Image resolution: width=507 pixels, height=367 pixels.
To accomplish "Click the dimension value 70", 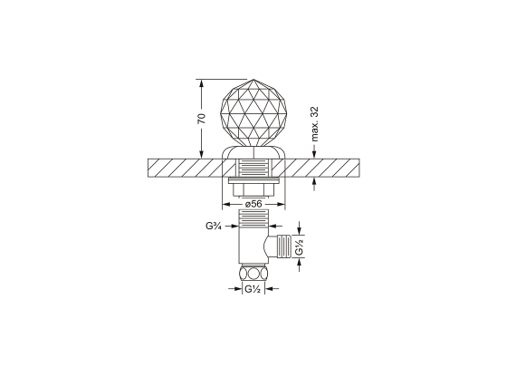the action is (202, 118).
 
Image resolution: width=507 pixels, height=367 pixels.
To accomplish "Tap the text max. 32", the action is (314, 124).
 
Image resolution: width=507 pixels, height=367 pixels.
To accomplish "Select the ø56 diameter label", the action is (253, 204).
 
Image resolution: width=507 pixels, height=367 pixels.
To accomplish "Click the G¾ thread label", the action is (214, 226).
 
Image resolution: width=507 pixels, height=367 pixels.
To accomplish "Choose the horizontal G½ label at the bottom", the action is (253, 288).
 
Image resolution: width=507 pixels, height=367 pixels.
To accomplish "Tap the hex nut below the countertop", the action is (253, 189).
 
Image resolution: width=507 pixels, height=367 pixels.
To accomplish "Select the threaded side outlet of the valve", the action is (283, 246).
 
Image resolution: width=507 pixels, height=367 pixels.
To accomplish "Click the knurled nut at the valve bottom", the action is (253, 274).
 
